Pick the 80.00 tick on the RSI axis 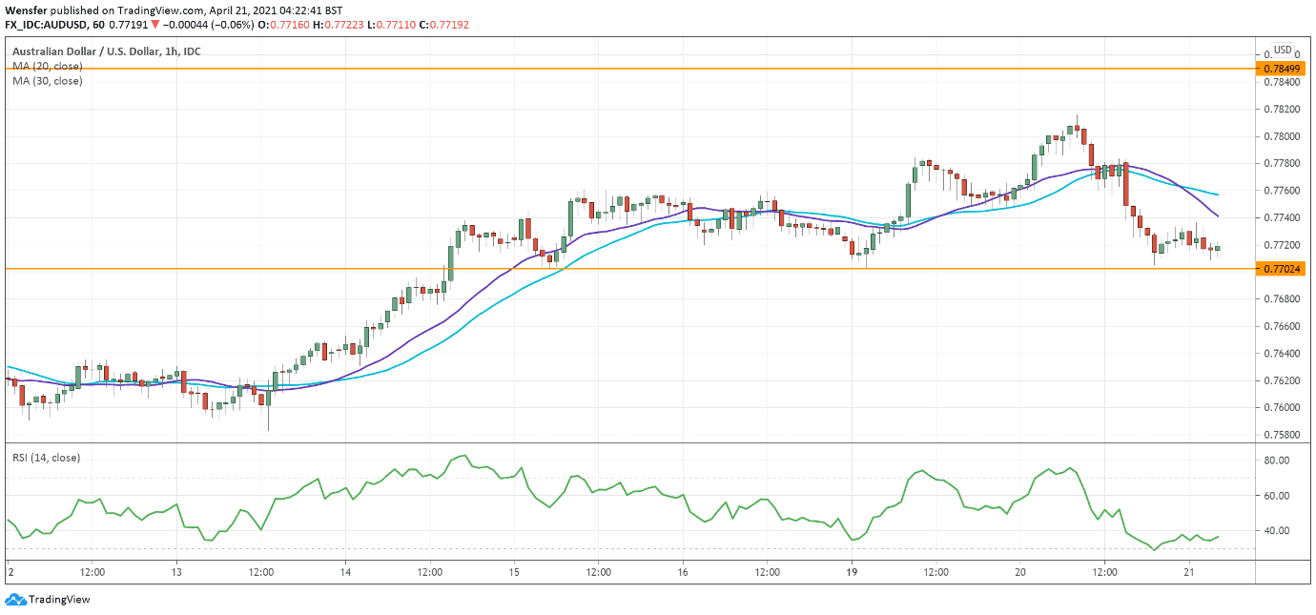coord(1277,460)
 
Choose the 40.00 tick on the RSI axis coord(1277,530)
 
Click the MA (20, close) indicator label coord(48,66)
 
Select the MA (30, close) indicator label coord(48,81)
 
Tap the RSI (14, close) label coord(47,458)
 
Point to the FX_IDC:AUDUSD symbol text coord(46,24)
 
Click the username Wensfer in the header coord(25,10)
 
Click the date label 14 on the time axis coord(345,572)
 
